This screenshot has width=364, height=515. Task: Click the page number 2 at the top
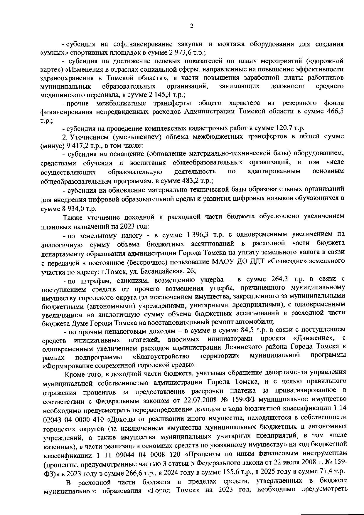tap(192, 26)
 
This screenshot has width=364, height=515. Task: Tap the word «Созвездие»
tap(287, 261)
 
